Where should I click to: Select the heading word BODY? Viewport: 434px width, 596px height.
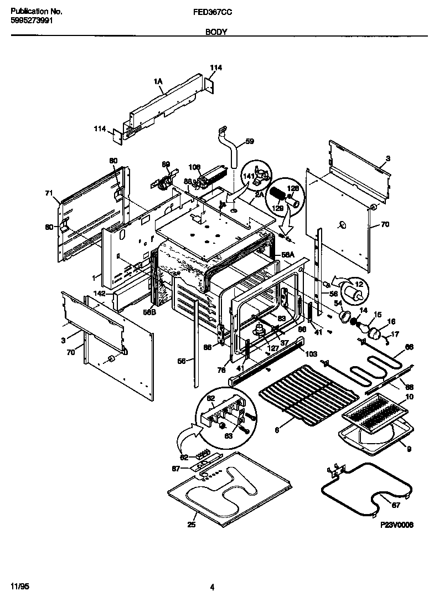click(216, 33)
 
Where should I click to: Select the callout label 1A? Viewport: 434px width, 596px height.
click(158, 82)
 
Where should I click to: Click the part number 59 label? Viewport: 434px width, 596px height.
click(250, 141)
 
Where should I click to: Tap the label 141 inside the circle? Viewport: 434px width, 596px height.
click(249, 177)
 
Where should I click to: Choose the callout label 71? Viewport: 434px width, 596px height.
click(49, 193)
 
